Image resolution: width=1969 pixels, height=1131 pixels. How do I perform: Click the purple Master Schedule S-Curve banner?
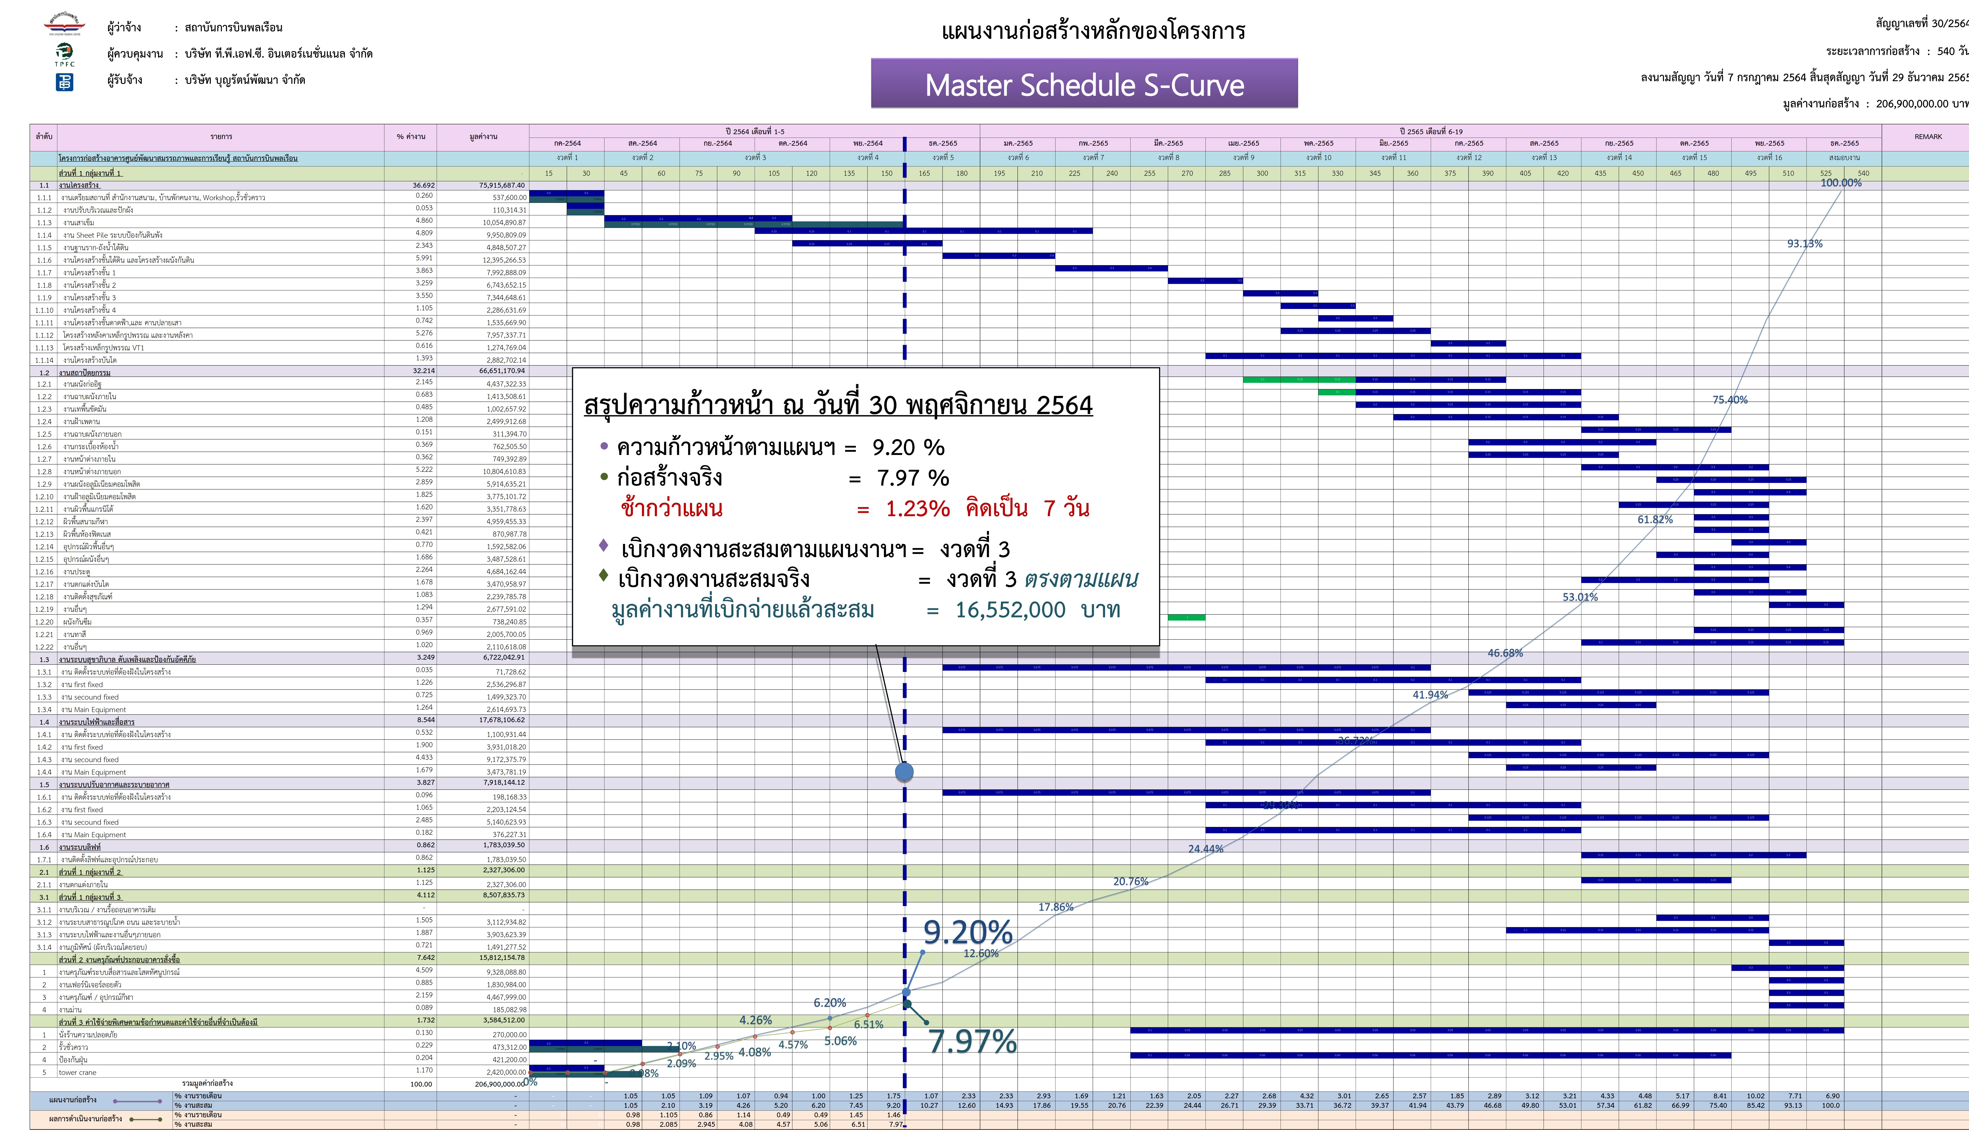(x=1084, y=84)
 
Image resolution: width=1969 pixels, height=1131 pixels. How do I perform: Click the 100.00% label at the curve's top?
(x=1841, y=183)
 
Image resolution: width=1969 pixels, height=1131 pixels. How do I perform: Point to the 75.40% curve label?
(x=1730, y=400)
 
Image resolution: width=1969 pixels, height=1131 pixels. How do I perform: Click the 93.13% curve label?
(x=1804, y=244)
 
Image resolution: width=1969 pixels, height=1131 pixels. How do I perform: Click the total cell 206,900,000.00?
(x=500, y=1084)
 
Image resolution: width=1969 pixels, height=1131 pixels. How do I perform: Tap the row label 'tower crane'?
(x=78, y=1073)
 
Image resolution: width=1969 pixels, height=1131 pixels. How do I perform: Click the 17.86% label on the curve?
(x=1055, y=907)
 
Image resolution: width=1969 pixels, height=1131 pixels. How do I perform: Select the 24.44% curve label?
(x=1205, y=849)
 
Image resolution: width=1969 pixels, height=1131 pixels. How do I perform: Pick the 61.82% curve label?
(x=1654, y=520)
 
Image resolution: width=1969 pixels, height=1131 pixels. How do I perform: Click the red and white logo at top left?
(x=64, y=24)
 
